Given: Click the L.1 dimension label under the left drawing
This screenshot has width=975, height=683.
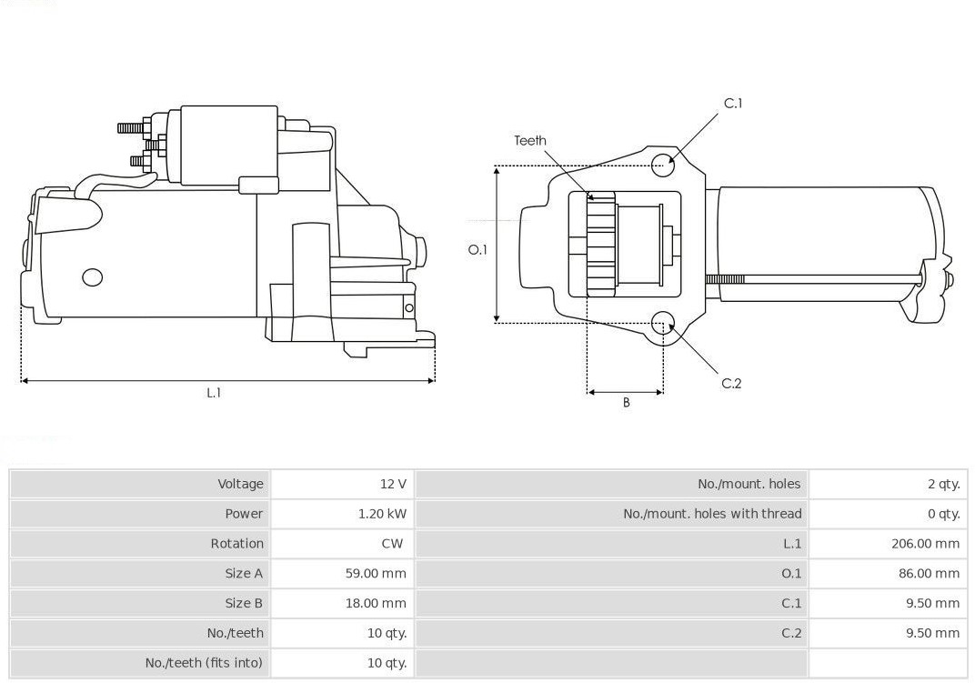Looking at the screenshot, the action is coord(214,393).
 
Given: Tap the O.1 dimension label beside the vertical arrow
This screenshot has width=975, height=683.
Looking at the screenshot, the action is coord(477,249).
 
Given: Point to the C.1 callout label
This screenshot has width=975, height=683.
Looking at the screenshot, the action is coord(733,104).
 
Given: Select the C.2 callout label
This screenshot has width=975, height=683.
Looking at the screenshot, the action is coord(731,383).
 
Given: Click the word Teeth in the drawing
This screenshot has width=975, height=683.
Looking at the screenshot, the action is coord(530,141).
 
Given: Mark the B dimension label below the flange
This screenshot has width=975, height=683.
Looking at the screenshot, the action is coord(626,403).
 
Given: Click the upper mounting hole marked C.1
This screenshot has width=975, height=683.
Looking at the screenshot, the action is coord(663,164).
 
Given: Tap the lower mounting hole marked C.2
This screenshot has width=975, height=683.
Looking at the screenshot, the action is coord(663,324).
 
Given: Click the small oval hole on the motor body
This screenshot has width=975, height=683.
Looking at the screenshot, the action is coord(92,277).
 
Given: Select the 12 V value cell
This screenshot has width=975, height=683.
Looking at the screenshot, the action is coord(394,484).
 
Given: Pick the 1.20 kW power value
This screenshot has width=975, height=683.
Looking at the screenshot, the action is coord(382,514).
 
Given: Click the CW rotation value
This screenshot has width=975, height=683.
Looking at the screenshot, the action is coord(392,544).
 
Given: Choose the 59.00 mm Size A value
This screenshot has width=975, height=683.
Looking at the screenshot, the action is coord(376,574).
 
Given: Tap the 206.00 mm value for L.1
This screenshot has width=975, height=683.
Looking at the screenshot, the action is coord(925,544).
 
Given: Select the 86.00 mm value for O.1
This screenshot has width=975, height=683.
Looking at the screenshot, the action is coord(929,574).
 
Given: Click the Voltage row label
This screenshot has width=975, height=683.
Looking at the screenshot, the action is coord(241,484).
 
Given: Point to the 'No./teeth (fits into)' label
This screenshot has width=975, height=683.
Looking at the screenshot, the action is coord(204,663).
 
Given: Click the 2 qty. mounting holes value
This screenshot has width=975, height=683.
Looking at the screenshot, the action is coord(944,484).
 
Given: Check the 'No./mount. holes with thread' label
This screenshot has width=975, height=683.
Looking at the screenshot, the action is coord(712,514).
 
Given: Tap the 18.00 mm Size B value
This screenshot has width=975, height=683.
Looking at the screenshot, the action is coord(376,603).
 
